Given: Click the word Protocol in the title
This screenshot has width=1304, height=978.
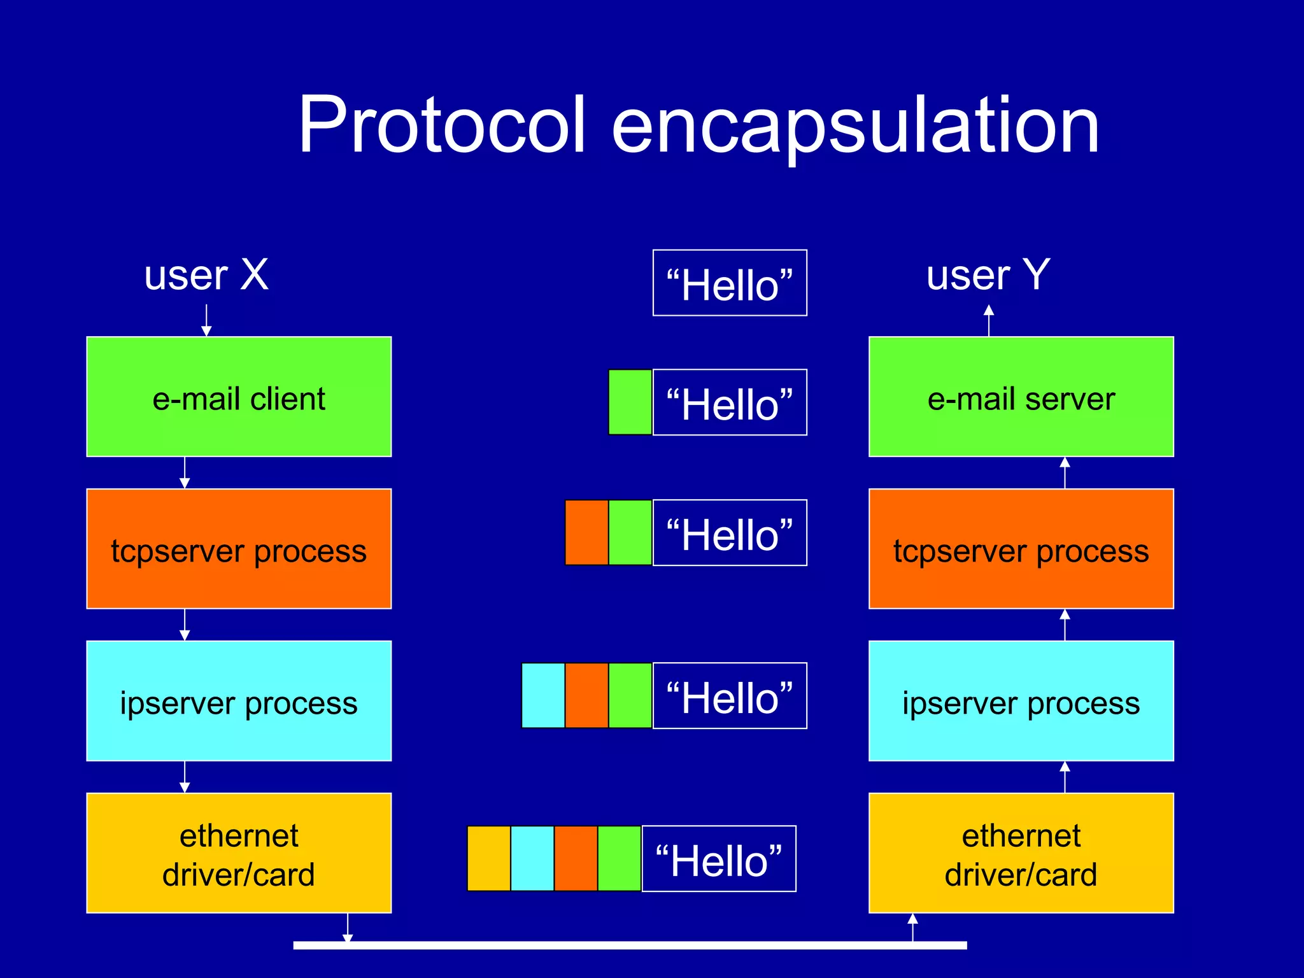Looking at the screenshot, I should (x=441, y=125).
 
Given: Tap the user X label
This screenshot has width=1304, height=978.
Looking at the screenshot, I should (x=206, y=275).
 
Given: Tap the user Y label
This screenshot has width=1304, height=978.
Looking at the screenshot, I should (x=988, y=275).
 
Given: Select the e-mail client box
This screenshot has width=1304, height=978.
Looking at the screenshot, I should (x=239, y=397).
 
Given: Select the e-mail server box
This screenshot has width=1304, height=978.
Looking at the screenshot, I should (x=1021, y=397).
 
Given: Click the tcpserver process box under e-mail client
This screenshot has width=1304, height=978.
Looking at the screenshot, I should (x=239, y=549).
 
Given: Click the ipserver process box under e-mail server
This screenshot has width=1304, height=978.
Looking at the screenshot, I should (x=1021, y=701).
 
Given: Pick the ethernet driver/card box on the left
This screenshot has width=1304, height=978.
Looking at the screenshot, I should (x=239, y=853).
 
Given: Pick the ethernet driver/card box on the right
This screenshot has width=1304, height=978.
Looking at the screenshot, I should (x=1021, y=853).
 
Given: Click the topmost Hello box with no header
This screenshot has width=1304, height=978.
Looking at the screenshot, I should (x=730, y=283).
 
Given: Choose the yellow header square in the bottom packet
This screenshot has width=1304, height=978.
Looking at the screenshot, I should (x=488, y=858).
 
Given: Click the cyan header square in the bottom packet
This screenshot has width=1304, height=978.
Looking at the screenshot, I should (x=532, y=858).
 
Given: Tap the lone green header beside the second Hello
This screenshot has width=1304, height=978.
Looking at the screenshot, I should (x=630, y=402).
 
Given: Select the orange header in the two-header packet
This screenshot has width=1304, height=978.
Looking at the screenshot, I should (x=586, y=532).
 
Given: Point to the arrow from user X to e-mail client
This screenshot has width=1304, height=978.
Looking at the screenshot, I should (x=206, y=320).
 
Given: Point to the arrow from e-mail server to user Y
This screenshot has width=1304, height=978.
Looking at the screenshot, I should (x=989, y=320).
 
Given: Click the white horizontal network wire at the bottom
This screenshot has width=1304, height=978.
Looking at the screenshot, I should (x=630, y=946).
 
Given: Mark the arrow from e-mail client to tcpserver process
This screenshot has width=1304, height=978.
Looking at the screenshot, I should (x=185, y=472).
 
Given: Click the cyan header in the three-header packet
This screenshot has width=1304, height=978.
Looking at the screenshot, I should (x=543, y=695).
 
